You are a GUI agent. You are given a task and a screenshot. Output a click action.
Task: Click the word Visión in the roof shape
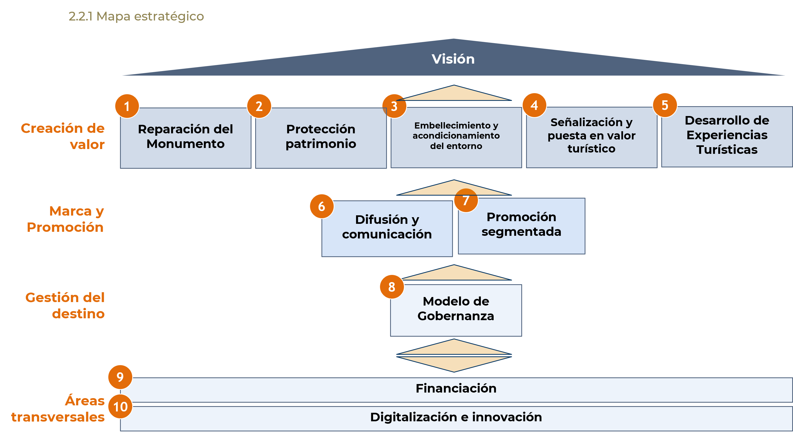[x=453, y=59]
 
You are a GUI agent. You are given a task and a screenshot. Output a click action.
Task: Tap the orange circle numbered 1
[x=127, y=106]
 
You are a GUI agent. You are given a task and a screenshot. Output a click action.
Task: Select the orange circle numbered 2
[x=259, y=106]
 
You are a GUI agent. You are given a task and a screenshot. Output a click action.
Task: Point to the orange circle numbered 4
[x=534, y=105]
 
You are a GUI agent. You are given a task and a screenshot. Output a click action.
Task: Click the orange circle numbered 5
[x=665, y=105]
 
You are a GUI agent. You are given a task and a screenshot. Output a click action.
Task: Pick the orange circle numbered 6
[x=321, y=206]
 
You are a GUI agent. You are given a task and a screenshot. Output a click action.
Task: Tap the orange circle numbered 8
[x=391, y=287]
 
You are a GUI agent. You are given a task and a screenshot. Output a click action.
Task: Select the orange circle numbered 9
[x=120, y=377]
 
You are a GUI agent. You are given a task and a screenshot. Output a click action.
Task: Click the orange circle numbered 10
[x=120, y=406]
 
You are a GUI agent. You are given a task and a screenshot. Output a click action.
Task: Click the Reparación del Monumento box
[x=186, y=138]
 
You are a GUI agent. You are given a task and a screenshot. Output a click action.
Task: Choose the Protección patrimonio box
[x=321, y=138]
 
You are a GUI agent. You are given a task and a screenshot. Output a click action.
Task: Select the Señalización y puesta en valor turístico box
[x=591, y=137]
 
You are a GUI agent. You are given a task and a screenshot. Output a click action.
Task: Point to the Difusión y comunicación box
[x=387, y=228]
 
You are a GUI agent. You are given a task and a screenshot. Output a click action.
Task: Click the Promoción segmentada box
[x=522, y=226]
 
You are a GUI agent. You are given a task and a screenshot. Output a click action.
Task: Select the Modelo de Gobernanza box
[x=456, y=310]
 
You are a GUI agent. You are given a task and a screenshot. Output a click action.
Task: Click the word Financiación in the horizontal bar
[x=456, y=389]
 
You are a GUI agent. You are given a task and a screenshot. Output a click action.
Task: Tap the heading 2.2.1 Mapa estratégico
[x=136, y=16]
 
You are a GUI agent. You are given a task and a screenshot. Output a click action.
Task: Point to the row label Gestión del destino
[x=65, y=306]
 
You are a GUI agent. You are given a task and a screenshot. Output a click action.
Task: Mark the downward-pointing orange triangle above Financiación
[x=454, y=363]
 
